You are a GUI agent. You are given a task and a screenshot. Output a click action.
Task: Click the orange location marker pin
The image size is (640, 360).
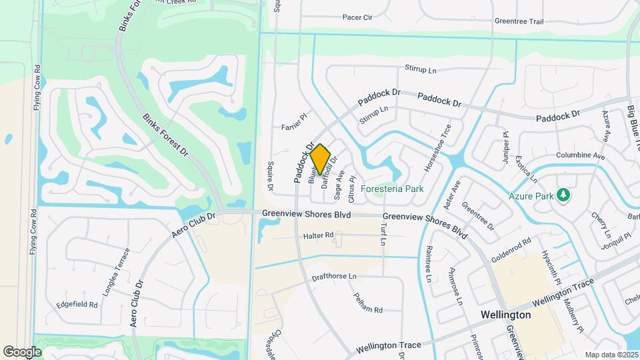coord(321,159)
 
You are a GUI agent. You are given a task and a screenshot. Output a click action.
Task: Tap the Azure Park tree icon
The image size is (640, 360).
coord(565,195)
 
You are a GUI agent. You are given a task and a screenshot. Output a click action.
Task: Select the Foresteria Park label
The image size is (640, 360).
coord(392,189)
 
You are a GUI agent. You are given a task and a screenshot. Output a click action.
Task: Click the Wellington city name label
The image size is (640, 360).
coord(505,314)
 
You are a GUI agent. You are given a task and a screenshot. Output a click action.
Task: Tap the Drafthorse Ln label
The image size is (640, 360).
coord(334,276)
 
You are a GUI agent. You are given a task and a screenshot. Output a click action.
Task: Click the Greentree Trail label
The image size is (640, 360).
coord(519,21)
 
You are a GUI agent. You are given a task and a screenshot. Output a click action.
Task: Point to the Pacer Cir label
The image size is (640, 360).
coord(357,17)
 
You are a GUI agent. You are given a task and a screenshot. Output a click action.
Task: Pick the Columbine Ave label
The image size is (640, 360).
coord(581,156)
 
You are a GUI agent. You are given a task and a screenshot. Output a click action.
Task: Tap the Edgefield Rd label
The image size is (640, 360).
coord(77,304)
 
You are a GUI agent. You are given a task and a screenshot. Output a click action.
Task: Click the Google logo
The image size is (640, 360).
coord(22,351)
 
